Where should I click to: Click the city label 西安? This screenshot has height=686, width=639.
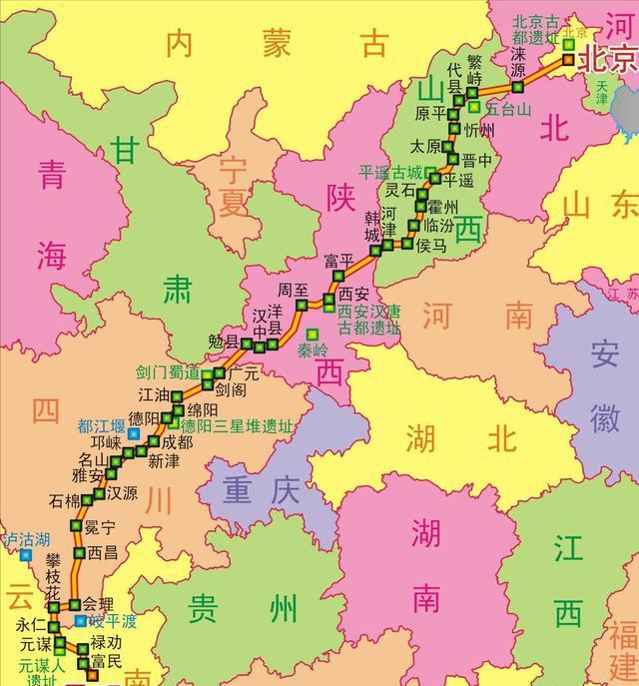click(x=353, y=295)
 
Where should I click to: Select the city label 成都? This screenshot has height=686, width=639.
click(x=178, y=441)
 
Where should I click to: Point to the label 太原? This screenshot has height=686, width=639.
click(x=426, y=145)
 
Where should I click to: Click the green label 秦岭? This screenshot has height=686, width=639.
click(x=313, y=350)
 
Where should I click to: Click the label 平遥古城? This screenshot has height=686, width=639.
click(x=392, y=171)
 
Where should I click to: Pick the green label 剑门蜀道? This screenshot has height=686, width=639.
click(x=168, y=372)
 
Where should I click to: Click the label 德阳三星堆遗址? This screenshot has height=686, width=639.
click(x=238, y=425)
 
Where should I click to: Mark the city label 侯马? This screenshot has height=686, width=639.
click(x=432, y=245)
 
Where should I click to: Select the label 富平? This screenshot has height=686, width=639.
click(x=339, y=261)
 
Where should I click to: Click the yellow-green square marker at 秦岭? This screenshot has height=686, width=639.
click(x=313, y=334)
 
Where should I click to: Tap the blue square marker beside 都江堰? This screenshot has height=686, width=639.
click(x=133, y=434)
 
